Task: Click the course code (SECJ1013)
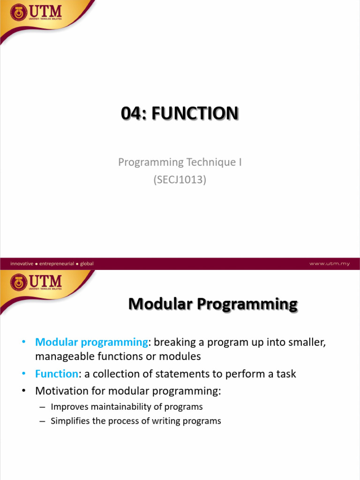pos(180,179)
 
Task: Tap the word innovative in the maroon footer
pos(22,263)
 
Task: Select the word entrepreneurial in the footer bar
pos(57,263)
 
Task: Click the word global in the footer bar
pos(87,263)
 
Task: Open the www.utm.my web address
pos(329,263)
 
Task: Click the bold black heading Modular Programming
pos(213,305)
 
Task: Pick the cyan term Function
pos(56,374)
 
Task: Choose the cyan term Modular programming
pos(91,343)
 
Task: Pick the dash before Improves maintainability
pos(41,407)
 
